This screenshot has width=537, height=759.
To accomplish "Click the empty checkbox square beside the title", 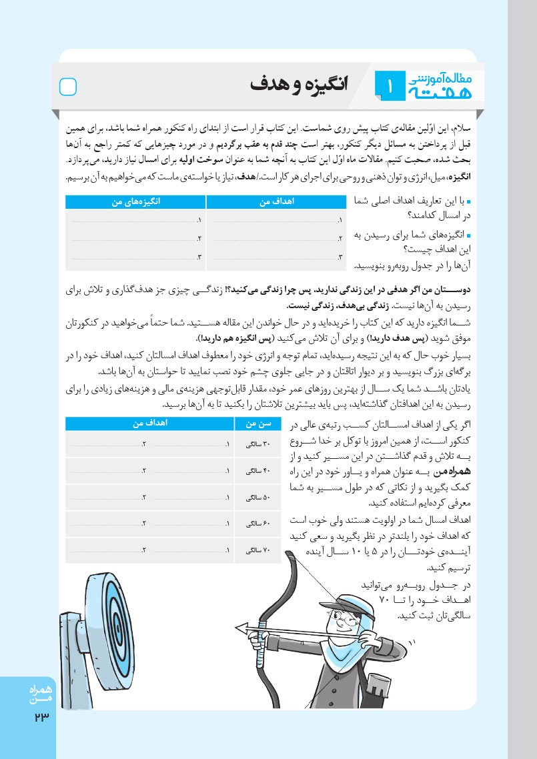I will pyautogui.click(x=69, y=87).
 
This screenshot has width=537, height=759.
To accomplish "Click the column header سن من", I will pyautogui.click(x=257, y=424).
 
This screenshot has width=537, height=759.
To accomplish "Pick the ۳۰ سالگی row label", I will pyautogui.click(x=257, y=445).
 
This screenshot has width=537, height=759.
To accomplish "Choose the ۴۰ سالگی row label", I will pyautogui.click(x=257, y=471).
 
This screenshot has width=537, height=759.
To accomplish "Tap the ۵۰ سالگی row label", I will pyautogui.click(x=257, y=498).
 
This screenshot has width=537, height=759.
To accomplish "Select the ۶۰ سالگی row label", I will pyautogui.click(x=257, y=524).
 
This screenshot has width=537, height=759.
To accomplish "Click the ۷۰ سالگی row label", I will pyautogui.click(x=257, y=550).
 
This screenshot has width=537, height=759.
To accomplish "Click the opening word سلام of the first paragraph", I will pyautogui.click(x=460, y=127).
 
